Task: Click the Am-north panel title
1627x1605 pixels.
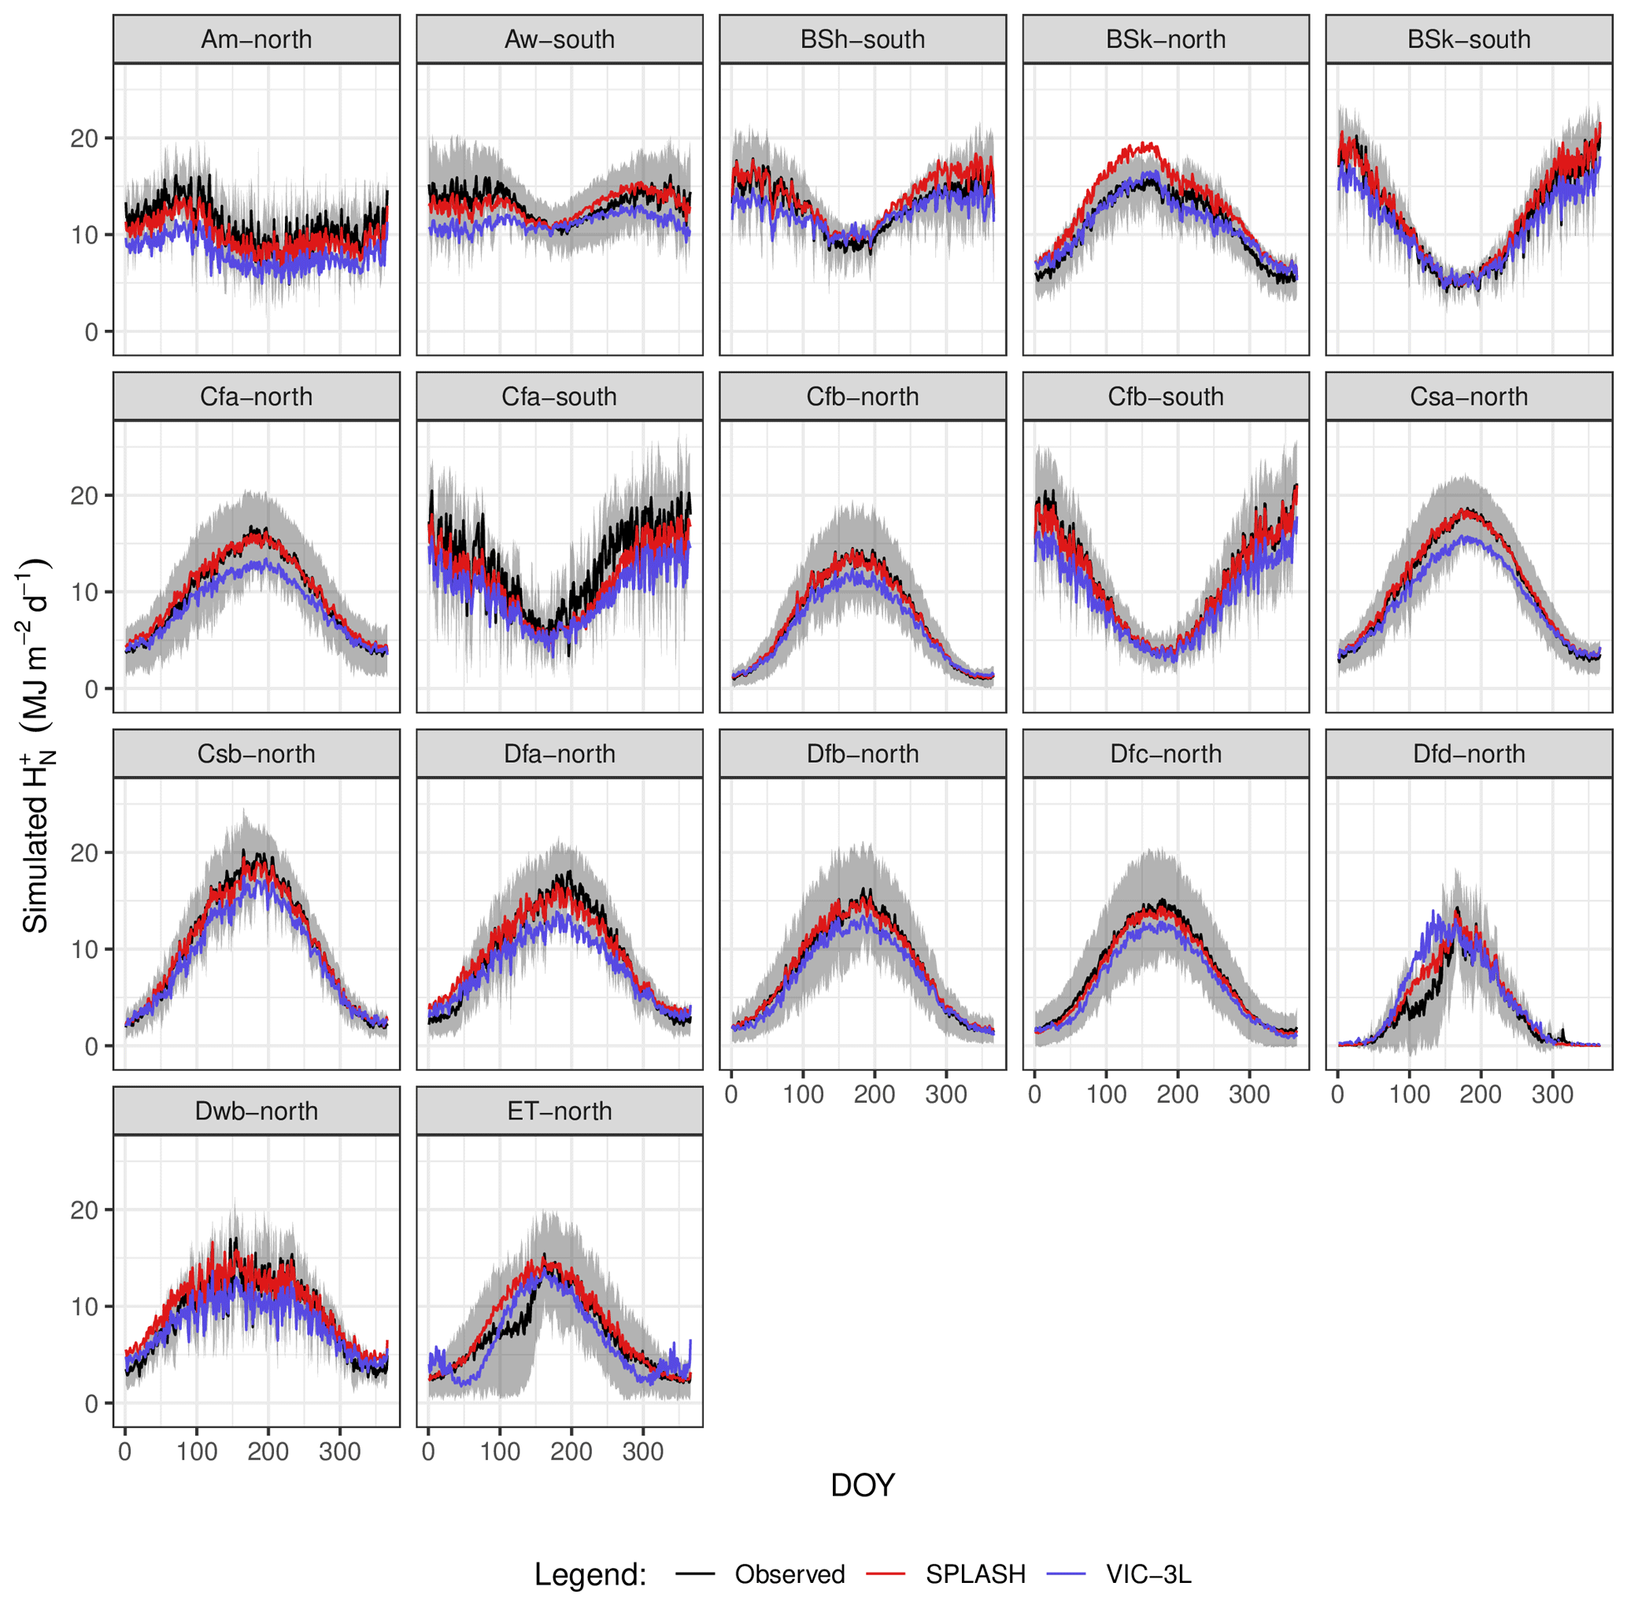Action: [256, 39]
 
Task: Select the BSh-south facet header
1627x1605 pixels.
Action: [863, 39]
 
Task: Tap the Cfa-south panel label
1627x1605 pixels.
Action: [559, 397]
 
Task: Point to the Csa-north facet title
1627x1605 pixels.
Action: [1469, 397]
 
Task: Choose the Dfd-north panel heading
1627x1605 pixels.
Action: [1469, 753]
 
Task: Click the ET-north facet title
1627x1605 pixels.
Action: [559, 1111]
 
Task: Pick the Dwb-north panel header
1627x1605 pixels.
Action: [256, 1111]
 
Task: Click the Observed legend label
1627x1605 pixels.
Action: [789, 1574]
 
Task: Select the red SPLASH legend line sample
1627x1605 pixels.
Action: [885, 1573]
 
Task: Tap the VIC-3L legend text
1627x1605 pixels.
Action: [1148, 1574]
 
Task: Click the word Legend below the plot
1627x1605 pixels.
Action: [590, 1574]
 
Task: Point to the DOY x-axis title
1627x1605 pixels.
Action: [863, 1485]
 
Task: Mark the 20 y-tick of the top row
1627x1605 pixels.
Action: [85, 138]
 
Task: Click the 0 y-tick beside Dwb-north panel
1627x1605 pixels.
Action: [91, 1403]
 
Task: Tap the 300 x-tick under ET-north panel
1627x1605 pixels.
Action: [642, 1452]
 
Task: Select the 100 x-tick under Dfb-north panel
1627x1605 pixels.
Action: [803, 1095]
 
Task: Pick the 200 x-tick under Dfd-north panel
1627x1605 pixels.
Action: [1481, 1095]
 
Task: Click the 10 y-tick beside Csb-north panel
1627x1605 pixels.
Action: [85, 949]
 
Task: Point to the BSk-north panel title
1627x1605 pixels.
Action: [1166, 39]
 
